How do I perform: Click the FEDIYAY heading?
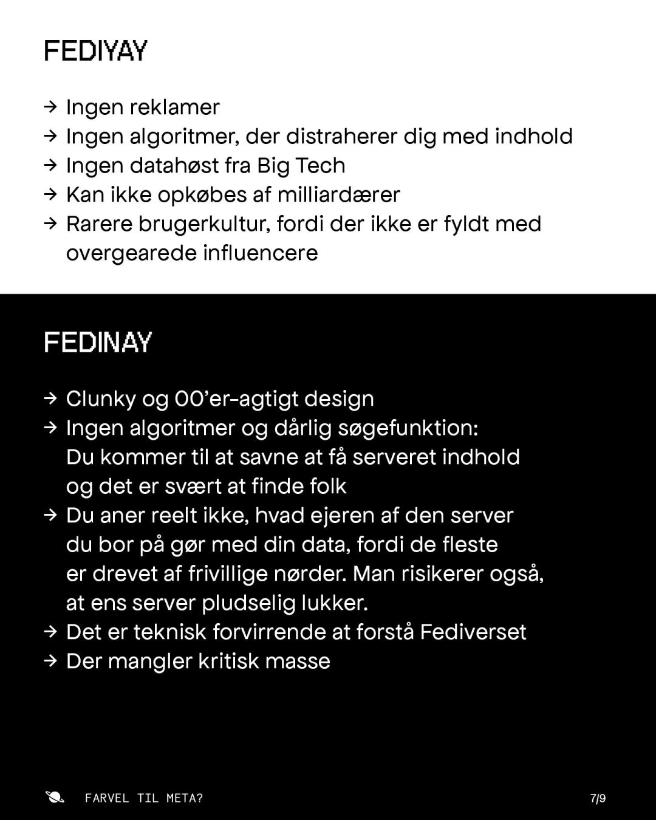(x=95, y=51)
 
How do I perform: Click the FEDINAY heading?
(x=98, y=343)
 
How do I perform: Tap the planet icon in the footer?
(x=55, y=797)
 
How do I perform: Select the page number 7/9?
(x=598, y=798)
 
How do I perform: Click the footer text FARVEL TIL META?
(x=144, y=798)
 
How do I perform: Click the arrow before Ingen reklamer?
(x=51, y=108)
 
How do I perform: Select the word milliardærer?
(x=338, y=195)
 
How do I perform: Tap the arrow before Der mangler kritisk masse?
(x=51, y=661)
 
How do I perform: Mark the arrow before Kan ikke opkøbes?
(x=51, y=195)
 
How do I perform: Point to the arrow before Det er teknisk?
(x=51, y=632)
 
